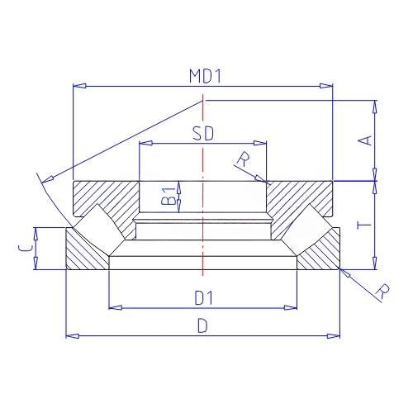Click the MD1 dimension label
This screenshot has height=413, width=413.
pyautogui.click(x=205, y=76)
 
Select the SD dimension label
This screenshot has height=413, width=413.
pyautogui.click(x=203, y=134)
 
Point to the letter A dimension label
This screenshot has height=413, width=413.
pyautogui.click(x=364, y=140)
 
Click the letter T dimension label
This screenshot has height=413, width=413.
pyautogui.click(x=364, y=225)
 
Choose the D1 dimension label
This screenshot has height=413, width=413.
pyautogui.click(x=204, y=298)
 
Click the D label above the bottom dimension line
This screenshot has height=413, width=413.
pyautogui.click(x=202, y=326)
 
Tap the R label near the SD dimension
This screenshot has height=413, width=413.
pyautogui.click(x=244, y=159)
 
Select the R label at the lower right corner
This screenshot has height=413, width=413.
pyautogui.click(x=382, y=292)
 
